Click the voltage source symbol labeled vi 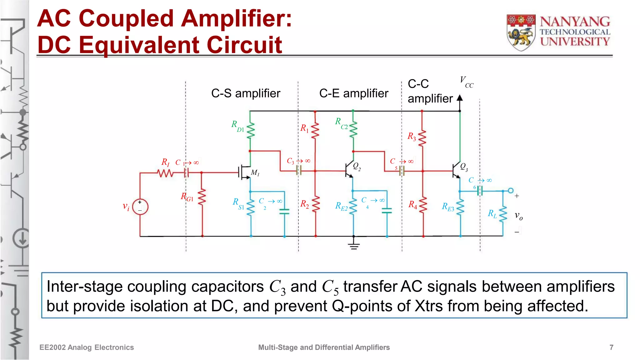(140, 207)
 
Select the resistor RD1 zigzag (250, 131)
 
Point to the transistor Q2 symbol (349, 170)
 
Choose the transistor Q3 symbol (456, 171)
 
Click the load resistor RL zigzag (503, 214)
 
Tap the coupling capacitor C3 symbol (298, 171)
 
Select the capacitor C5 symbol (402, 171)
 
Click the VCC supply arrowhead (460, 98)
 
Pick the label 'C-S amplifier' (246, 93)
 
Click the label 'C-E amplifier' (353, 93)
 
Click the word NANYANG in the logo (575, 22)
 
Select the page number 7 (611, 347)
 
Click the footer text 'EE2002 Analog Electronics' (87, 347)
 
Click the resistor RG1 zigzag (202, 197)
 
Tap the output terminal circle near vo (511, 191)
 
